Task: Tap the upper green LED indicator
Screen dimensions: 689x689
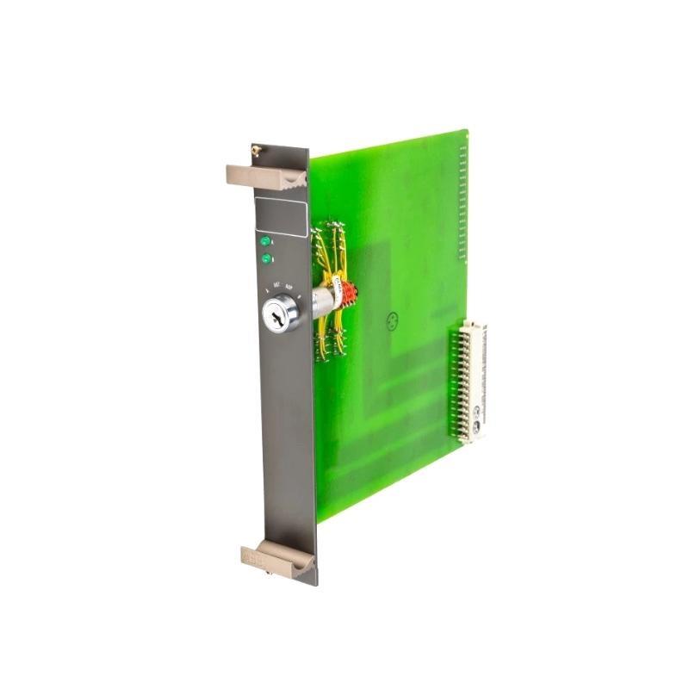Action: click(265, 242)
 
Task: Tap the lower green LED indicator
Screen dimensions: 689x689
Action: click(266, 258)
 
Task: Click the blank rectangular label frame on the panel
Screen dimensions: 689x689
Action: click(281, 216)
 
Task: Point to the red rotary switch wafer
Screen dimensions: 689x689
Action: click(348, 295)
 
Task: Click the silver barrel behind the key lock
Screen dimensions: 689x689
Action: click(322, 301)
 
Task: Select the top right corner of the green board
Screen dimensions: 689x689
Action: click(466, 131)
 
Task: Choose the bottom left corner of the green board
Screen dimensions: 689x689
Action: click(318, 520)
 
